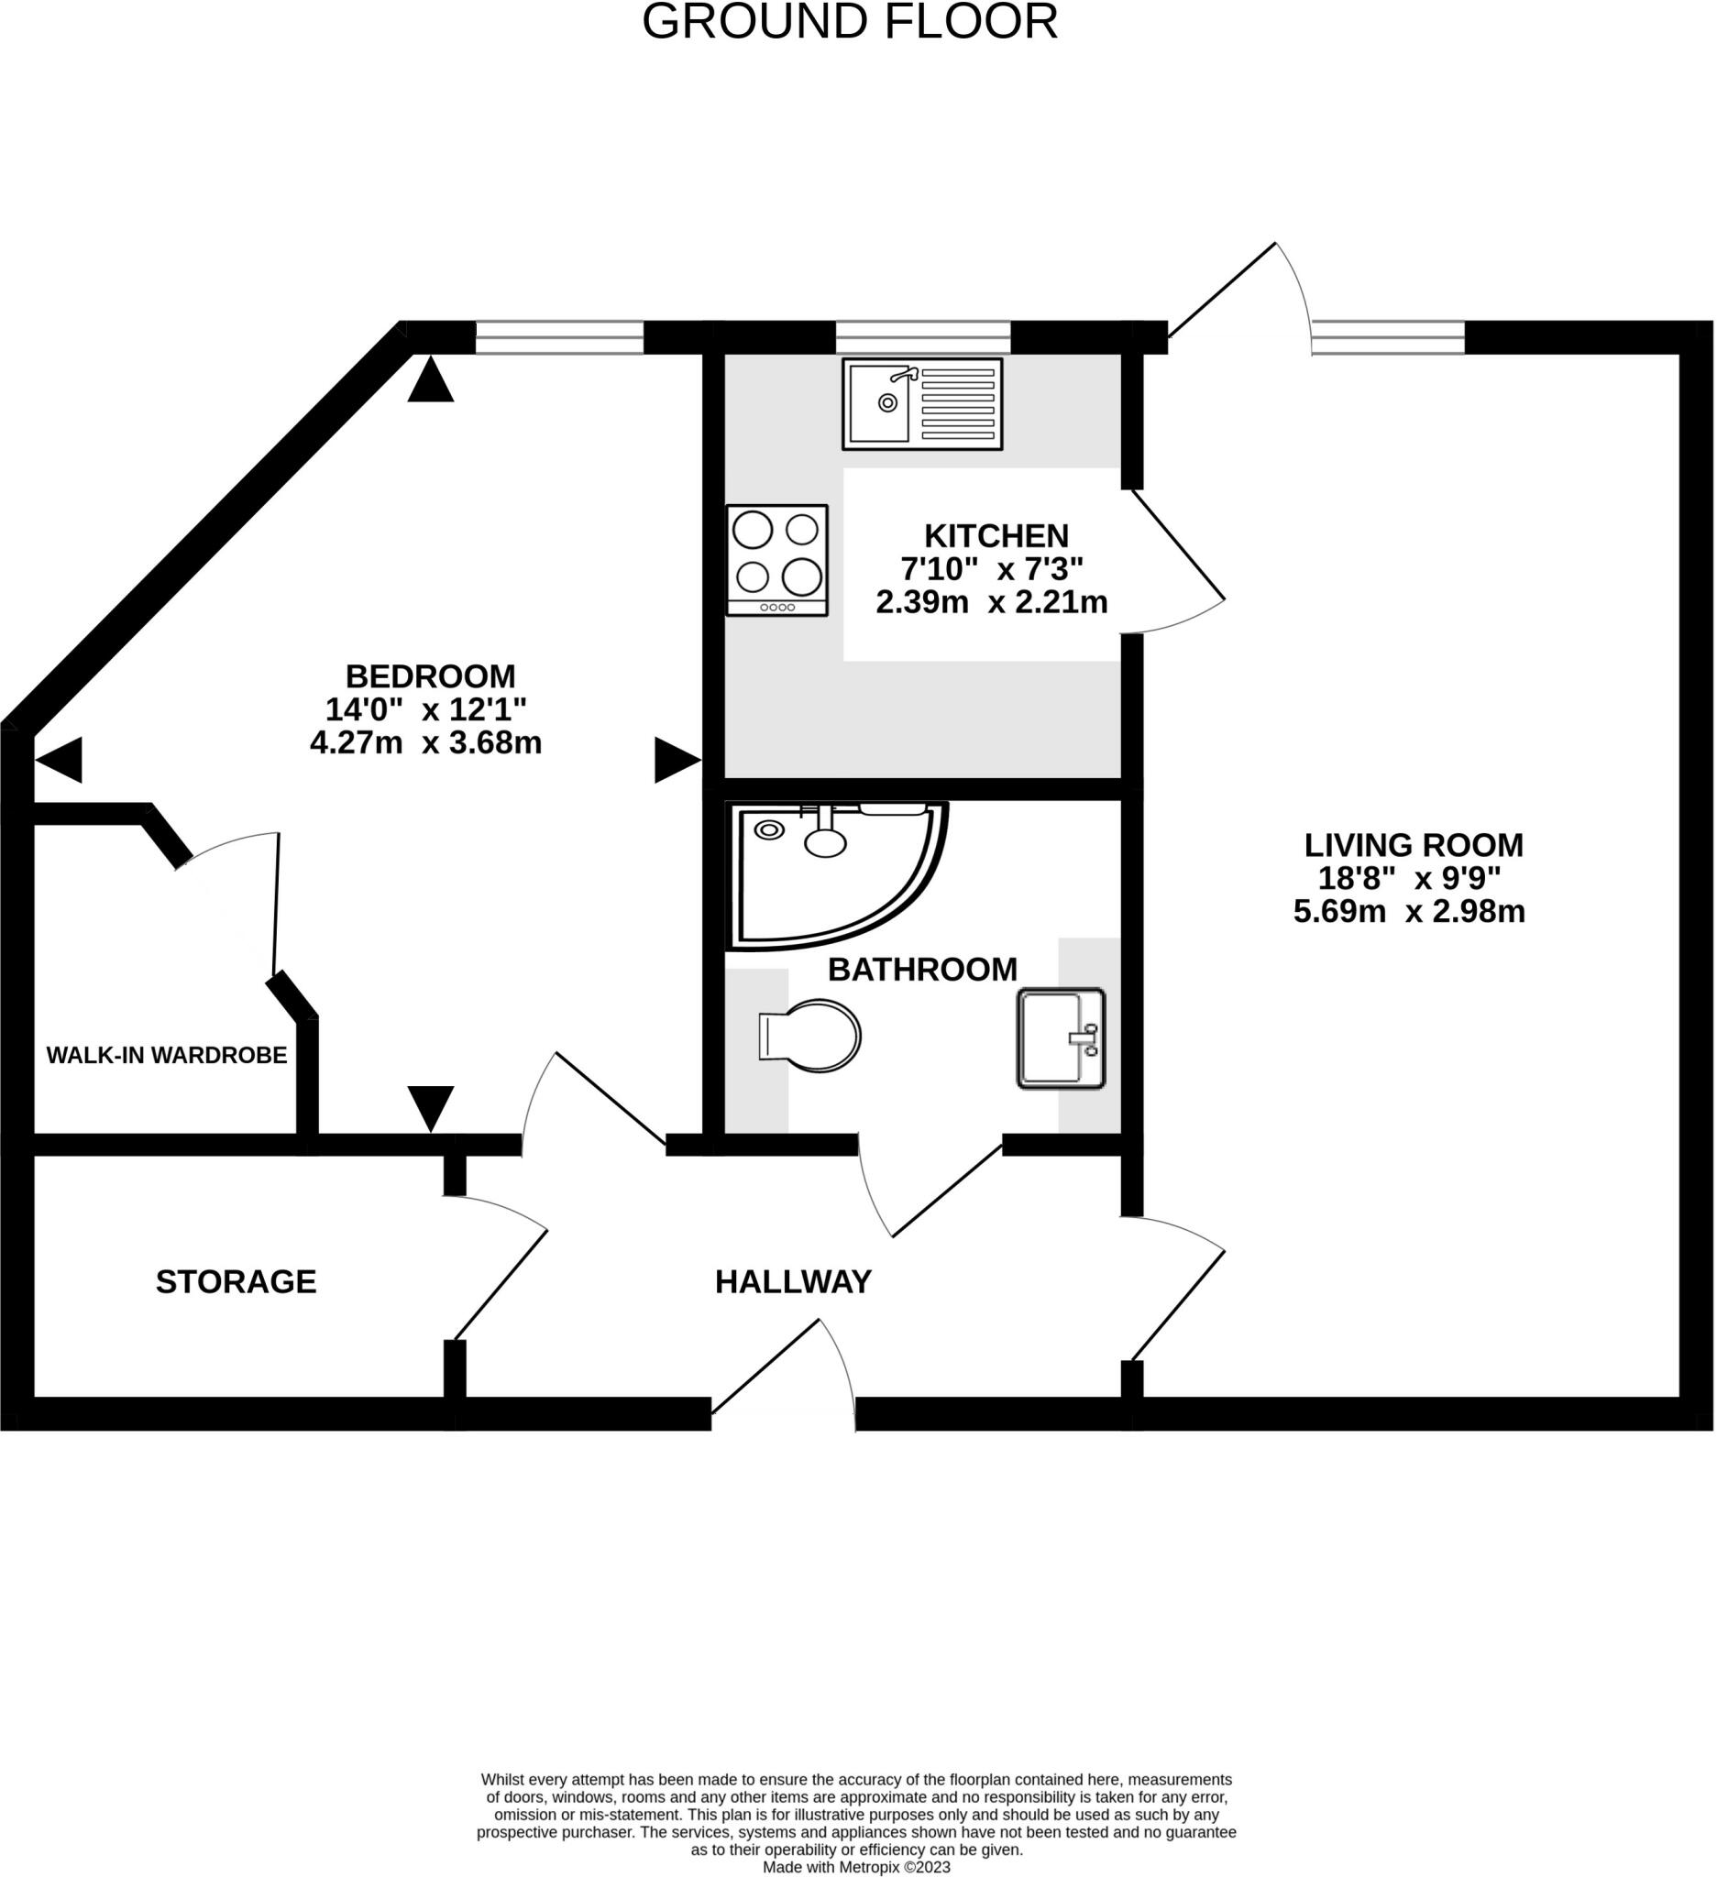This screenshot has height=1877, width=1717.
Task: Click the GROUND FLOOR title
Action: (x=850, y=21)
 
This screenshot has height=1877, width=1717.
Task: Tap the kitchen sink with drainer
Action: (x=923, y=404)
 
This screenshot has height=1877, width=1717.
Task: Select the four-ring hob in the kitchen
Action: (x=777, y=561)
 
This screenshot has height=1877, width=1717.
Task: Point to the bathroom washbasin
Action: (x=1061, y=1038)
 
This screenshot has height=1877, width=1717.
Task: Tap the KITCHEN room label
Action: (x=996, y=536)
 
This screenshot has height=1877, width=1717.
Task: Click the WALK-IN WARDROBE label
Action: (x=167, y=1056)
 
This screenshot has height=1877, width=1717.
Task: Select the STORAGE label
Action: (x=236, y=1282)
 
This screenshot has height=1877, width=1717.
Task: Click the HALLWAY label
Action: (x=793, y=1282)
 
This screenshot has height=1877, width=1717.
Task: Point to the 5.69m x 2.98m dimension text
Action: (x=1409, y=912)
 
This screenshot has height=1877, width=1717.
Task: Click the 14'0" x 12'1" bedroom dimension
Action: (x=425, y=709)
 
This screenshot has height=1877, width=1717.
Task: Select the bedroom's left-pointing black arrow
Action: (x=60, y=760)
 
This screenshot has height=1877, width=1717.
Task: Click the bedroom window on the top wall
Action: (x=559, y=337)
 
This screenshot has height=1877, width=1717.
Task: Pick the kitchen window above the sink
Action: (x=923, y=337)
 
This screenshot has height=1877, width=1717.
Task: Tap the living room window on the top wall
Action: (x=1388, y=337)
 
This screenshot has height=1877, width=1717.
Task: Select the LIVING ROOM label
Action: (x=1414, y=845)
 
